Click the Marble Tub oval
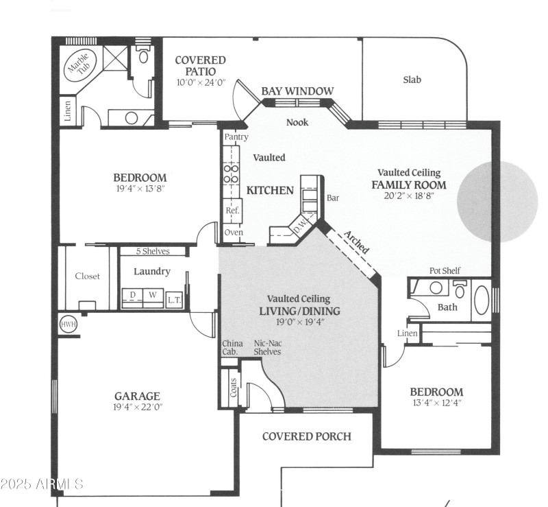point(77,67)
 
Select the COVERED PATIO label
point(200,66)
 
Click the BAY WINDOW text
point(297,91)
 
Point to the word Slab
point(412,80)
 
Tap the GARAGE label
point(137,396)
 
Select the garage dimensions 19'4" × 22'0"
point(137,407)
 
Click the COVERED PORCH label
point(306,436)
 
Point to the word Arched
point(356,241)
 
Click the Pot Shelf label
point(445,270)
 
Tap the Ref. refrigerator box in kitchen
point(232,211)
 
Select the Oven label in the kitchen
point(233,233)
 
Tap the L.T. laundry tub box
point(174,298)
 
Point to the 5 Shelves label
point(152,251)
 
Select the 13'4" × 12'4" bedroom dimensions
point(436,403)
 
